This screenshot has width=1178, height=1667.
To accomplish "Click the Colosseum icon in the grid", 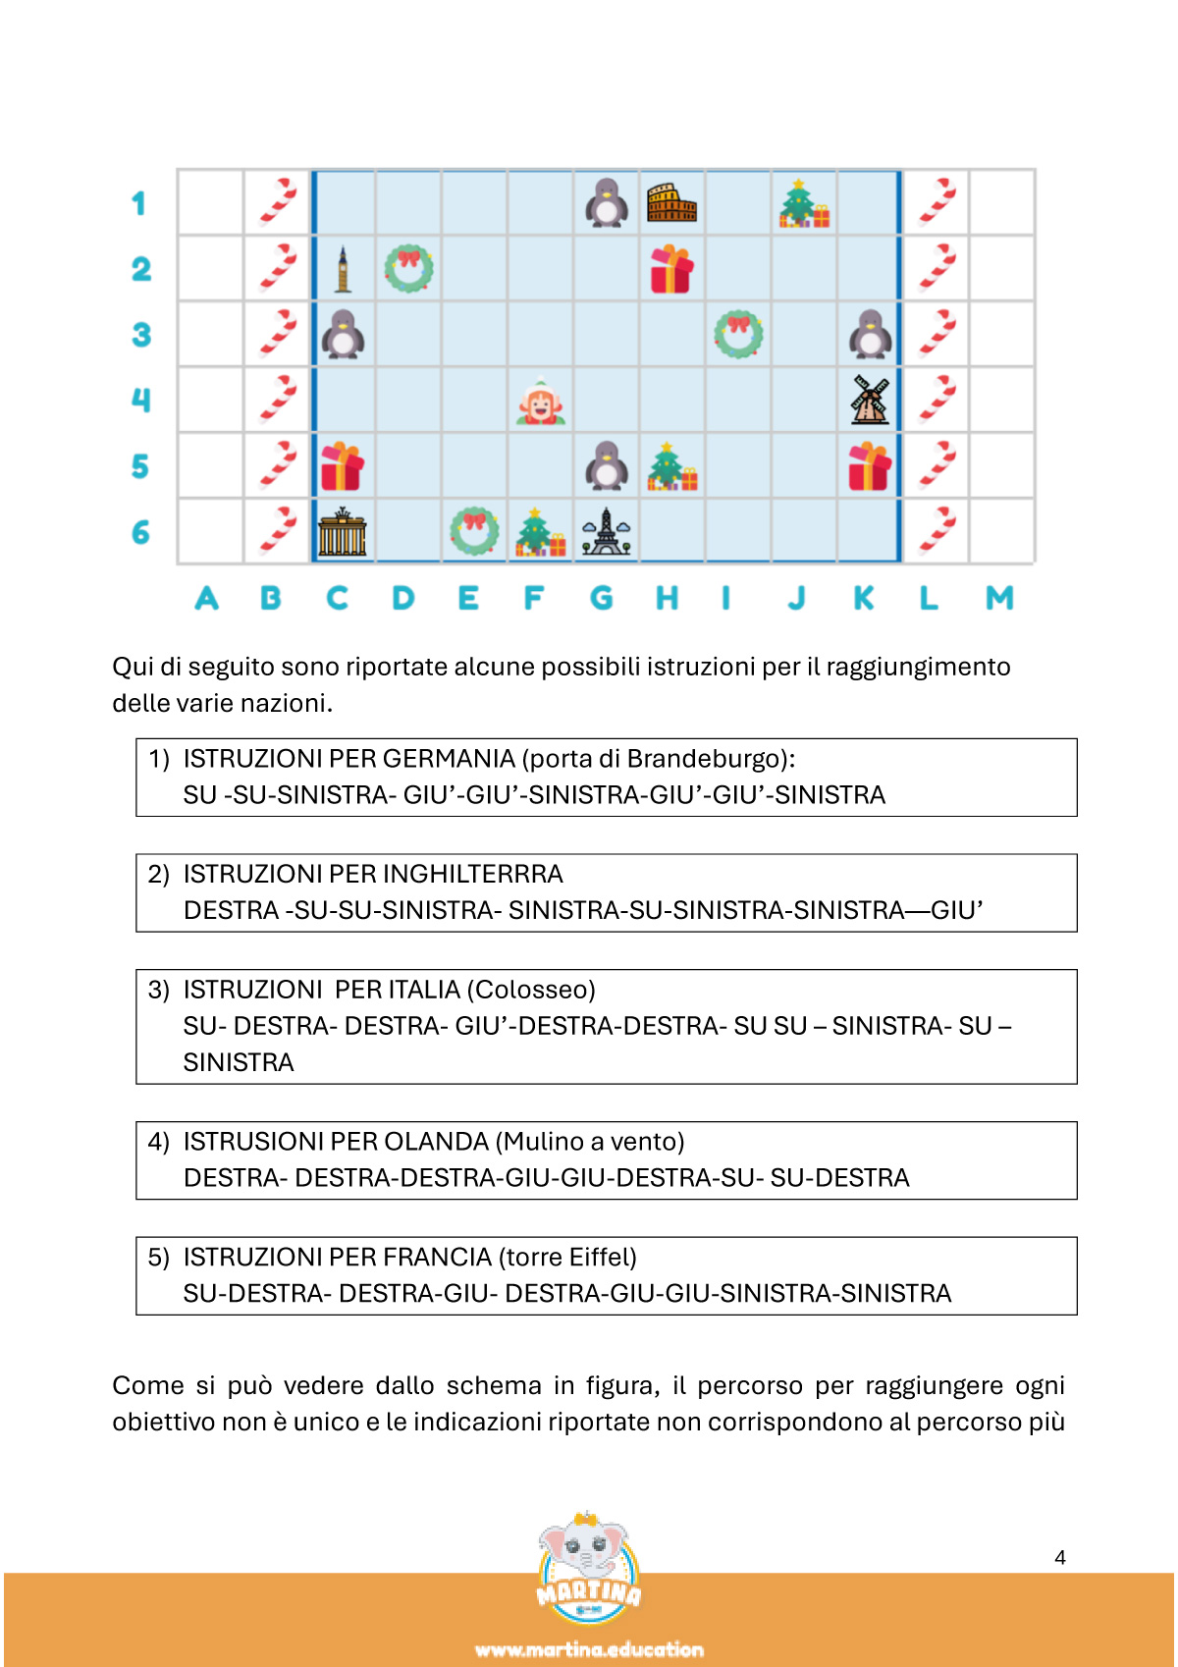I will (671, 203).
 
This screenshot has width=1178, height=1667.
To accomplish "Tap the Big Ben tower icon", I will (343, 269).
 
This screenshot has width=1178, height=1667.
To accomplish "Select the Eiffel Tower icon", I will (607, 532).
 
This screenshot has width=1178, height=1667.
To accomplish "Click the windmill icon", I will (870, 401).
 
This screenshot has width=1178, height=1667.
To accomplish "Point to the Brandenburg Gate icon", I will (343, 532).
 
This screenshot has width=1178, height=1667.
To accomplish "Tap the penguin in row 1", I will (607, 203).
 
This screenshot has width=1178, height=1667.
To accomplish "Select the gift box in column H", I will (671, 269).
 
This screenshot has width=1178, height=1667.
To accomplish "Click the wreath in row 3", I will (738, 335).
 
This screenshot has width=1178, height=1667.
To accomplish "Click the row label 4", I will (140, 400).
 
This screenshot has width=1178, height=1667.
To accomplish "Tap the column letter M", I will (999, 597).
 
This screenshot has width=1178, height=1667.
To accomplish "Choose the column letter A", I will (206, 597).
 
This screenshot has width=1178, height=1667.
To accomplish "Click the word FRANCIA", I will (437, 1258).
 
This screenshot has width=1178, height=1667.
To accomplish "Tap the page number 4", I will (1060, 1557).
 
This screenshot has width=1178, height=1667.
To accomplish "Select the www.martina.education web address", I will (589, 1649).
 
